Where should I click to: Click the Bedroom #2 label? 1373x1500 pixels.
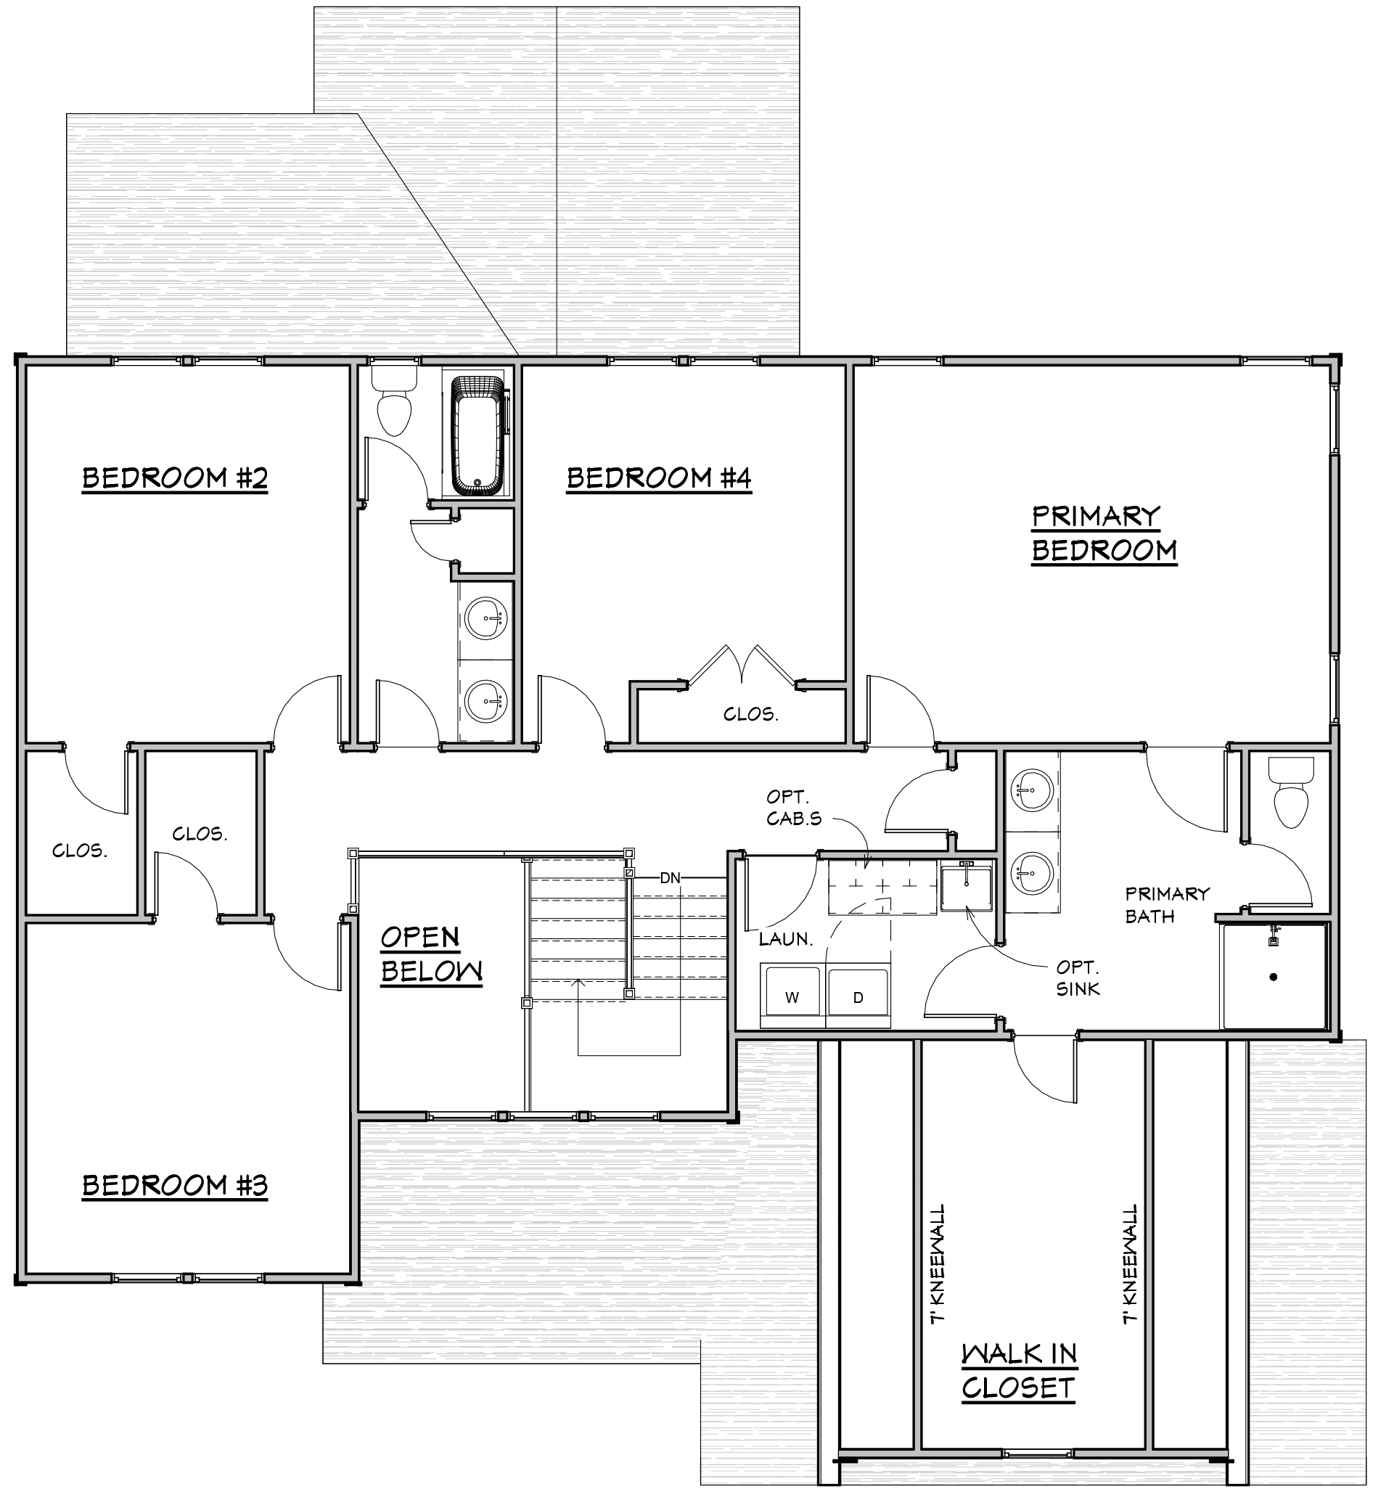[x=174, y=478]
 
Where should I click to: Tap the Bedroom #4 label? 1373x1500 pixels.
[x=659, y=478]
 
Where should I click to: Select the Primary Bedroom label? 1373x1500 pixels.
[x=1104, y=533]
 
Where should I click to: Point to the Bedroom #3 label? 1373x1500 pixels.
[x=174, y=1185]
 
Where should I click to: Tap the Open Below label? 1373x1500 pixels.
[x=431, y=955]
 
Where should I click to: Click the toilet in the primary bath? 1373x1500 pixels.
[x=1291, y=792]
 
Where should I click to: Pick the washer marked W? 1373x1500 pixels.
[x=792, y=996]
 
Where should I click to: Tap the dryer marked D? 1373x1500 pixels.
[x=858, y=996]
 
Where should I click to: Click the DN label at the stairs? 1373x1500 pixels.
[x=670, y=878]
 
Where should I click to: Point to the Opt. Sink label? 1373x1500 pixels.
[x=1078, y=978]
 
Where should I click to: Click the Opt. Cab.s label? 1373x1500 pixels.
[x=794, y=808]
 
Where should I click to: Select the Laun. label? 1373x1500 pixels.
[x=786, y=939]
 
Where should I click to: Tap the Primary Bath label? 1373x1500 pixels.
[x=1167, y=904]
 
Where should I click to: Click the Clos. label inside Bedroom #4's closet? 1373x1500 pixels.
[x=751, y=714]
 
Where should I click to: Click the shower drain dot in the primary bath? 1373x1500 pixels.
[x=1274, y=976]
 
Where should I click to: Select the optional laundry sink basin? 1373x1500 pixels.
[x=966, y=887]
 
